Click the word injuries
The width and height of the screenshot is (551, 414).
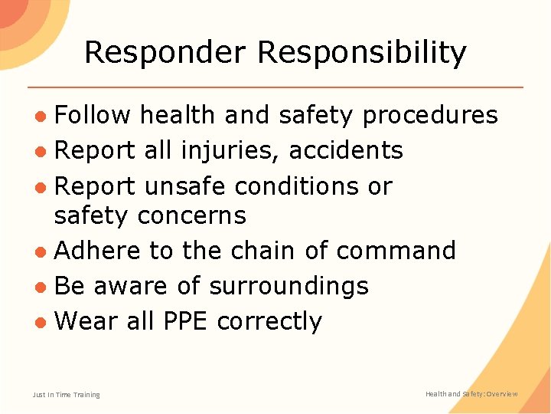click(230, 150)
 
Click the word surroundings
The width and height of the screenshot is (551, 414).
click(289, 286)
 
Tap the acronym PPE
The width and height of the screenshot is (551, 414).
click(186, 320)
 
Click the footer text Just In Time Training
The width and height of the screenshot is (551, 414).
click(67, 395)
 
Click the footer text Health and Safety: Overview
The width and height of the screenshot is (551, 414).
click(471, 394)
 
